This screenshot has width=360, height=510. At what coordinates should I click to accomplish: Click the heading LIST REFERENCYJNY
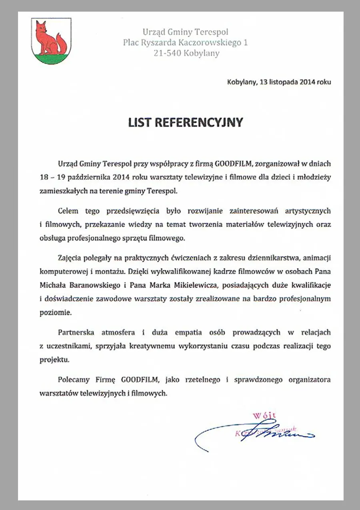pos(185,122)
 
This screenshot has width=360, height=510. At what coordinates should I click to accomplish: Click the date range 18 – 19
pos(53,177)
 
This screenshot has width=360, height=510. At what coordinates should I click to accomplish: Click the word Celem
pos(68,211)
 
